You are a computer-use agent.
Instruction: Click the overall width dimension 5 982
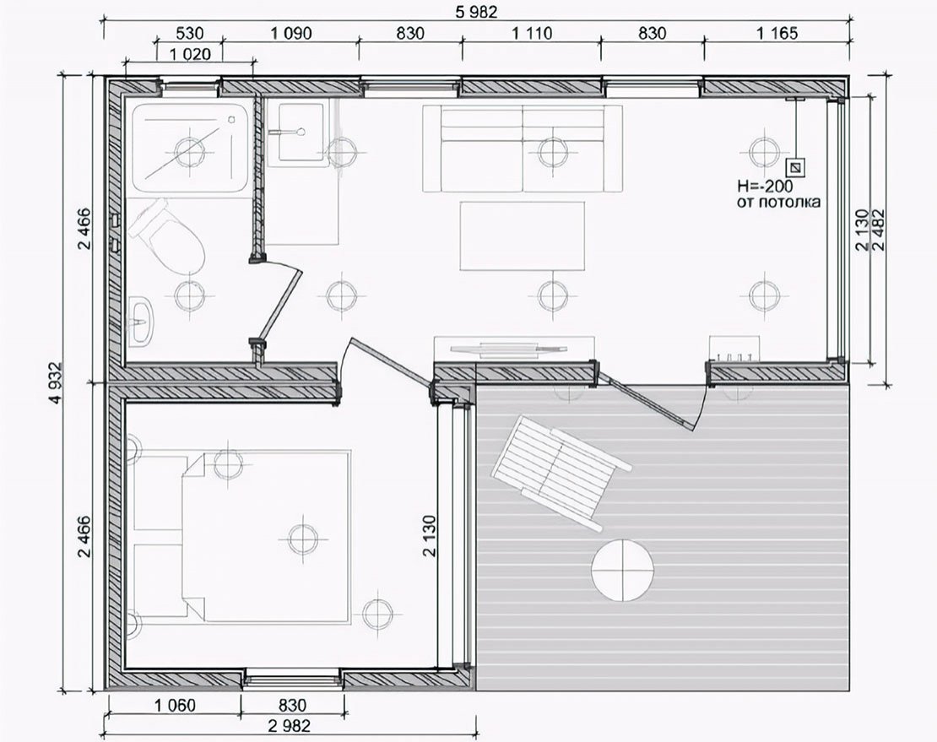(x=476, y=11)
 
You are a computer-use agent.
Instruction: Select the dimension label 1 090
(x=291, y=33)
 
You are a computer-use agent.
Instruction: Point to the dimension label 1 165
(x=777, y=33)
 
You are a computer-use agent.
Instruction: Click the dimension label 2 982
(x=290, y=726)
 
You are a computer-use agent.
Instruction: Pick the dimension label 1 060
(x=175, y=706)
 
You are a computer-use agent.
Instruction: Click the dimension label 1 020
(x=190, y=54)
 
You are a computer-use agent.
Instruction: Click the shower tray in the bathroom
(x=189, y=148)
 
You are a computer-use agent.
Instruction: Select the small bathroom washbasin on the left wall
(x=140, y=321)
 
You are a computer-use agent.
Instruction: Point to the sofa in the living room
(x=523, y=149)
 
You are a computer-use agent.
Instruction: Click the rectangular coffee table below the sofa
(x=523, y=236)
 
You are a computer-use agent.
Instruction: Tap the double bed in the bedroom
(x=266, y=538)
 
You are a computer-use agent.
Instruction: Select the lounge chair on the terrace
(x=560, y=472)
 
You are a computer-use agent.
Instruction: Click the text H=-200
(x=766, y=186)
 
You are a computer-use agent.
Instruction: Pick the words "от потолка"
(x=778, y=202)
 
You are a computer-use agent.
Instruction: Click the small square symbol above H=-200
(x=795, y=166)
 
